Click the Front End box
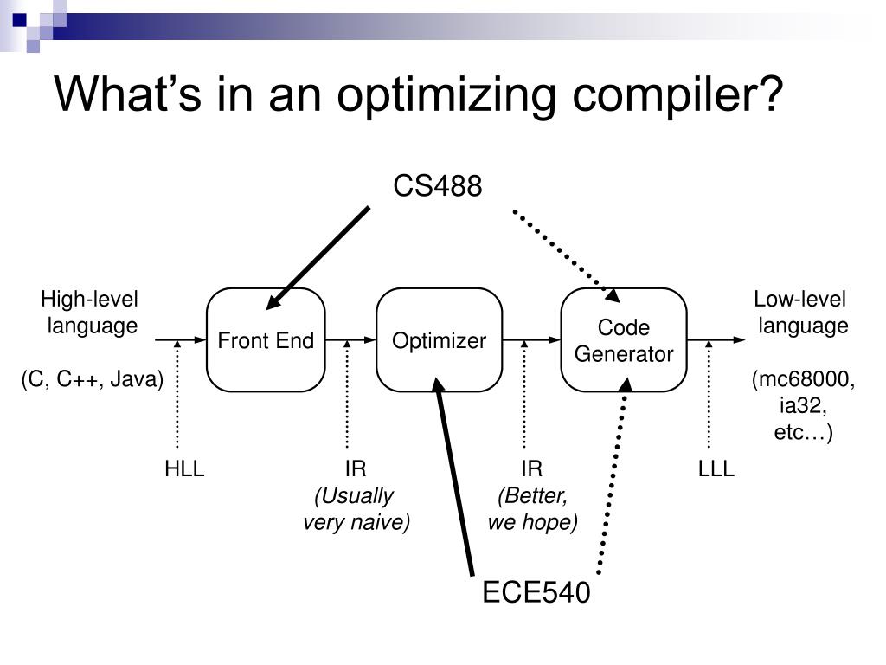(266, 339)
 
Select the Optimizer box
(439, 339)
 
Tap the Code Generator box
(624, 339)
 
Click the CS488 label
(437, 185)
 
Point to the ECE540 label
(536, 592)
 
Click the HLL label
(184, 468)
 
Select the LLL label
(716, 468)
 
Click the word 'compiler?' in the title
(677, 94)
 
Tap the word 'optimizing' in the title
(446, 94)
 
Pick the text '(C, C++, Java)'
(92, 379)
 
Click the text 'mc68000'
(804, 379)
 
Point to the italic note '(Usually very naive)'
(356, 508)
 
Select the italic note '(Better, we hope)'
(532, 508)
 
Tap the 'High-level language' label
(90, 312)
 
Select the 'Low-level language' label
(801, 312)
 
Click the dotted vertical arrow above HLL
(177, 394)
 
